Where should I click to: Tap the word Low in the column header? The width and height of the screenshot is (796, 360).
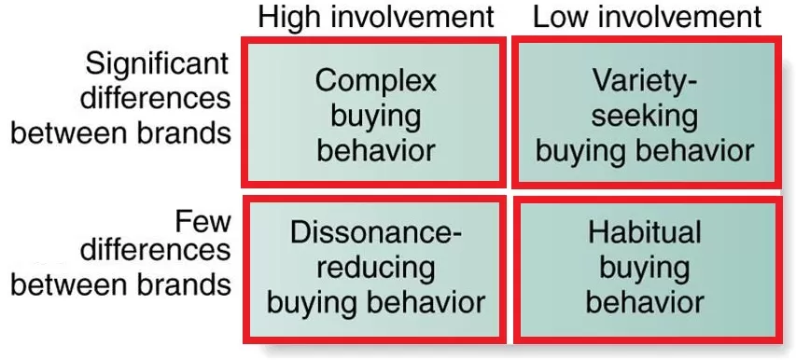click(559, 17)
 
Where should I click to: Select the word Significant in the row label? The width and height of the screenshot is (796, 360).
click(157, 65)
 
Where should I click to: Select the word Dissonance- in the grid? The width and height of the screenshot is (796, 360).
click(376, 233)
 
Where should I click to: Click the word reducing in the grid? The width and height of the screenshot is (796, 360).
click(376, 268)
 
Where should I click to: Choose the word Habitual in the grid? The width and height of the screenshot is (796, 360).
click(646, 233)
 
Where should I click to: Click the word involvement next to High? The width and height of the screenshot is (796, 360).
click(412, 17)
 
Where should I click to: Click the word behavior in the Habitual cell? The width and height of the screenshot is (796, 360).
click(646, 302)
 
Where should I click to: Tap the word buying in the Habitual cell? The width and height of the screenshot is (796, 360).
click(646, 268)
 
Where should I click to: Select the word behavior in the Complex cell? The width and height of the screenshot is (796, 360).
click(375, 149)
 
